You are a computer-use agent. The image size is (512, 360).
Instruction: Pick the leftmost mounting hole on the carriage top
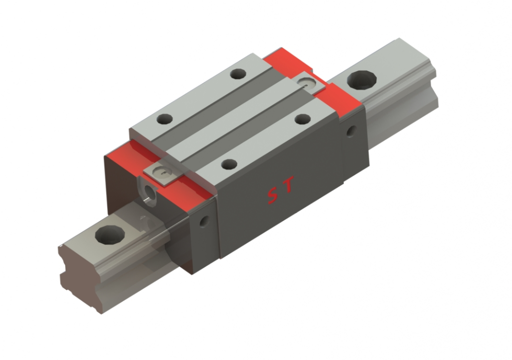pyautogui.click(x=164, y=118)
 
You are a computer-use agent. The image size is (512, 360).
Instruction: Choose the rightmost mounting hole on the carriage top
pyautogui.click(x=302, y=118)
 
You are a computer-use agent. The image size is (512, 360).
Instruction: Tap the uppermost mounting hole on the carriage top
pyautogui.click(x=238, y=74)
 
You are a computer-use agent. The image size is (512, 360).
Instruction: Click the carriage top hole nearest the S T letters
pyautogui.click(x=229, y=164)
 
